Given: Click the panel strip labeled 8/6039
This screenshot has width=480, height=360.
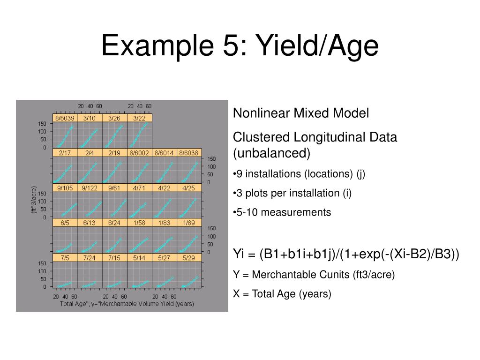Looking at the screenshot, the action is pos(65,118).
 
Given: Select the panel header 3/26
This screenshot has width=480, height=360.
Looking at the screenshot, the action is pos(114,118).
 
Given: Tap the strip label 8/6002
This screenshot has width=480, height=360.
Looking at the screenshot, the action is pos(139,153).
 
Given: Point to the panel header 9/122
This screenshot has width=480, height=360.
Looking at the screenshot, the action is pos(90,188).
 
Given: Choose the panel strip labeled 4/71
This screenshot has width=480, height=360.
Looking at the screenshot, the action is pos(139,188).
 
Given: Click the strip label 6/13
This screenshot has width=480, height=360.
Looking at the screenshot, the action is pos(90,223).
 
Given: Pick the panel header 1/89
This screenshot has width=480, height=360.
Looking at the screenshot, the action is pos(189,223).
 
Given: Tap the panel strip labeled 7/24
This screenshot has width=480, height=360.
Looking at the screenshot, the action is pos(90,258).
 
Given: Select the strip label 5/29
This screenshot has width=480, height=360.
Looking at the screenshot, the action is pos(189,258).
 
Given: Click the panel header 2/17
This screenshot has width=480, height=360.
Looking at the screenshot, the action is pos(65,153).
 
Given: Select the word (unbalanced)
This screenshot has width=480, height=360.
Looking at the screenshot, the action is pos(272,153).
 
